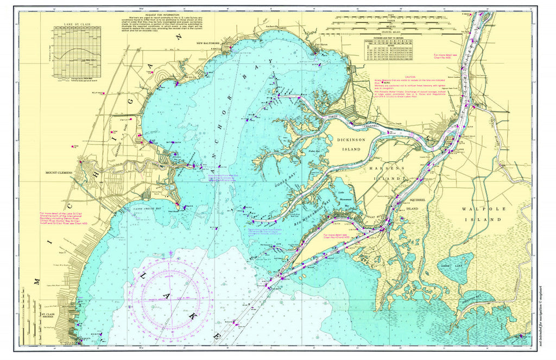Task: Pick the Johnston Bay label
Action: (x=471, y=299)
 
